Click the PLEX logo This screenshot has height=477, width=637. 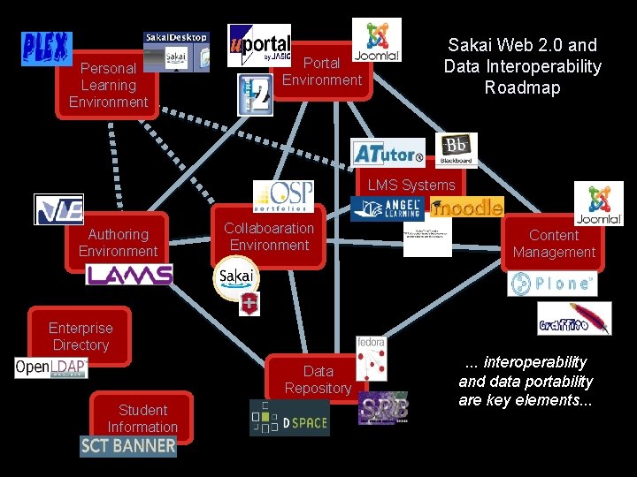[x=46, y=49]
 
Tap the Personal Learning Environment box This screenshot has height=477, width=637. [x=108, y=85]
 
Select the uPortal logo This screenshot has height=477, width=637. [x=258, y=45]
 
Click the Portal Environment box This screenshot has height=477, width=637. [x=322, y=72]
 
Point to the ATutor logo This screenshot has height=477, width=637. [x=388, y=153]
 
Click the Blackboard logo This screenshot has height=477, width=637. [x=457, y=150]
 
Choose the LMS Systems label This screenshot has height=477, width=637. [x=411, y=185]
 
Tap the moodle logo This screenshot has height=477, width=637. [x=466, y=208]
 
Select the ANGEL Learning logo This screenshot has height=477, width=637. [x=388, y=208]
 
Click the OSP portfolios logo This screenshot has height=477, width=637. [x=283, y=196]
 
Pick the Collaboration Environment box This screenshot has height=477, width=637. [x=269, y=237]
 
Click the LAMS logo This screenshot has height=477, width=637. [x=129, y=275]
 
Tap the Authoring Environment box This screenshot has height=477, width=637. [x=118, y=242]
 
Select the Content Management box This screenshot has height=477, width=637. [x=554, y=244]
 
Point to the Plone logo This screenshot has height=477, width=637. [x=552, y=284]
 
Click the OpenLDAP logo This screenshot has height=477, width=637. [x=50, y=367]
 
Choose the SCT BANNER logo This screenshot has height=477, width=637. [x=128, y=445]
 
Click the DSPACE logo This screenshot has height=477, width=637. [x=289, y=417]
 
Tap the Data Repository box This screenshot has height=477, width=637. [x=318, y=380]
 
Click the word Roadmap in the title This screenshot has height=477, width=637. [x=522, y=87]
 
